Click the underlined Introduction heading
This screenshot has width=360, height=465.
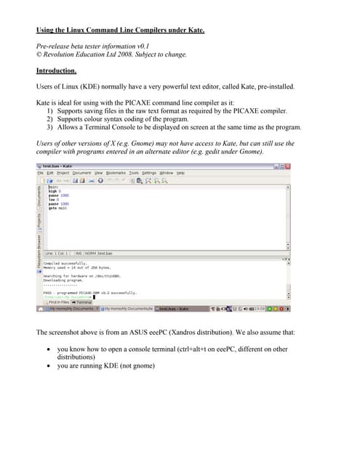(56, 70)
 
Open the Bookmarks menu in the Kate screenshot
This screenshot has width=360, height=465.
(116, 172)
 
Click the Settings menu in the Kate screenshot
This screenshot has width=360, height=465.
(149, 172)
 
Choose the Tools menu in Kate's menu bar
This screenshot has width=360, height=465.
(134, 172)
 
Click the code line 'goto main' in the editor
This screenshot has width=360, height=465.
(57, 208)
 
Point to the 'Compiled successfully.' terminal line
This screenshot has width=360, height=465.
(62, 263)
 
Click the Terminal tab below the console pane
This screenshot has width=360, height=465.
(83, 302)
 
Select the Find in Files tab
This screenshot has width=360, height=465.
(58, 302)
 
